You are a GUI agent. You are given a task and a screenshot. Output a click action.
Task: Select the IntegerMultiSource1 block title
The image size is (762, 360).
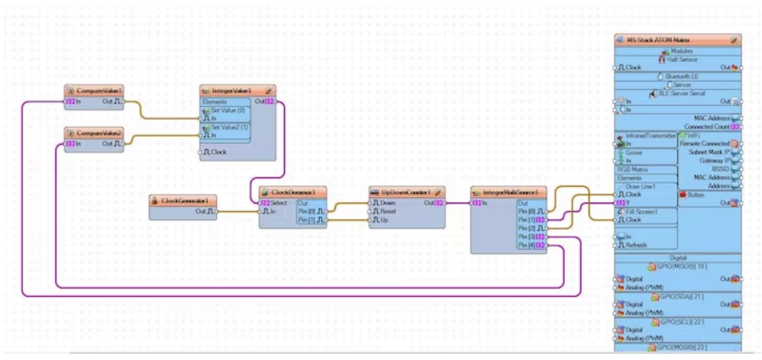point(511,192)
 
